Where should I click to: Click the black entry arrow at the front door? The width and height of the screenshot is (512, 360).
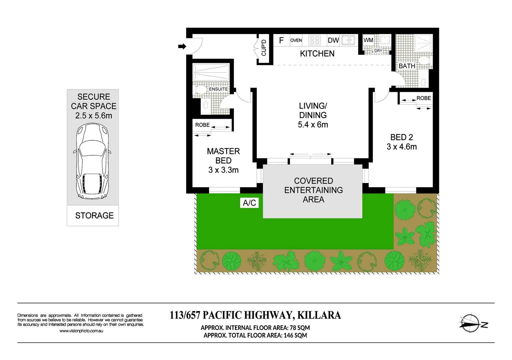click(x=182, y=46)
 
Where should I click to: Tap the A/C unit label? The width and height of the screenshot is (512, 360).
click(x=249, y=203)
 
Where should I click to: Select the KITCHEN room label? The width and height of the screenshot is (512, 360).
click(x=317, y=54)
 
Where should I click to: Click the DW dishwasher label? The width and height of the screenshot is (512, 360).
click(x=333, y=40)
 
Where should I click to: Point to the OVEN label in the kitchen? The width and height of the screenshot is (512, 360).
click(x=296, y=40)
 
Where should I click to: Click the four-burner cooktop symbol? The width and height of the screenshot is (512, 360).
click(x=315, y=40)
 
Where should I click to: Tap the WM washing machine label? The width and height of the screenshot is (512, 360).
click(x=368, y=40)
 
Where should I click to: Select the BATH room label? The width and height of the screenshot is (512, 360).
click(x=407, y=66)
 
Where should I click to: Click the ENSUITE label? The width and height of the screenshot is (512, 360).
click(x=218, y=89)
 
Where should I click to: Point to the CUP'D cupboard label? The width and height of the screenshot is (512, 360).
click(x=264, y=48)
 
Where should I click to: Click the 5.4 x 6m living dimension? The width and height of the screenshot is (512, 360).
click(x=313, y=125)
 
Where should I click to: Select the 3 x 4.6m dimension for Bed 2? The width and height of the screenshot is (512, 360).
click(x=402, y=147)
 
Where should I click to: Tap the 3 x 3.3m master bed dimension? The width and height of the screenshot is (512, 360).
click(x=223, y=170)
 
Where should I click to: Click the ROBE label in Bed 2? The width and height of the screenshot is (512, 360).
click(x=424, y=98)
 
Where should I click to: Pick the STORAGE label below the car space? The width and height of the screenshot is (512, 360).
click(x=94, y=216)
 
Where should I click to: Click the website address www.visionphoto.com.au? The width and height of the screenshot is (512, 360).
click(x=81, y=331)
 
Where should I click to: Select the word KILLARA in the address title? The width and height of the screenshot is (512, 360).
click(x=319, y=315)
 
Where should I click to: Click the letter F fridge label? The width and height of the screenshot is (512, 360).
click(x=281, y=40)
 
